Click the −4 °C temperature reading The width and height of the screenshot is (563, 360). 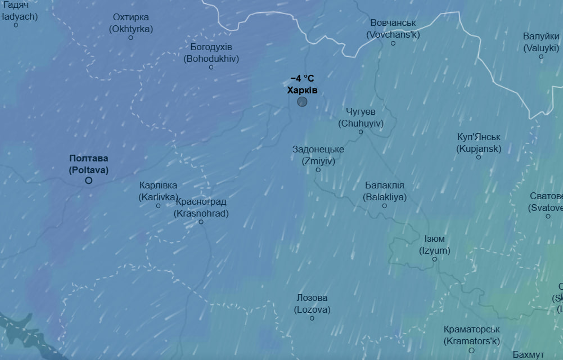[302, 79]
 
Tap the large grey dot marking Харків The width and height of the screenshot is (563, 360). [302, 102]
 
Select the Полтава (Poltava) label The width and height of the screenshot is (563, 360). [89, 164]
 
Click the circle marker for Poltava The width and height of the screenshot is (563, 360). [89, 181]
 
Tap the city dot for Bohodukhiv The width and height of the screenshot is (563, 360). [211, 67]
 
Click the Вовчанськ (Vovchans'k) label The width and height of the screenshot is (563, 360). [393, 29]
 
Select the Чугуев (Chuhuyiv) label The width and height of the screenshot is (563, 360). [361, 118]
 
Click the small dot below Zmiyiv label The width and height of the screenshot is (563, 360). [318, 170]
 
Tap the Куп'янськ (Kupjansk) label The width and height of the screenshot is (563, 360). [479, 143]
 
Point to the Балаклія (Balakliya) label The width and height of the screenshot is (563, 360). [385, 191]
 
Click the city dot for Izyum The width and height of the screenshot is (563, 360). [435, 259]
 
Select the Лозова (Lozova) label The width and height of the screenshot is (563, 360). [312, 304]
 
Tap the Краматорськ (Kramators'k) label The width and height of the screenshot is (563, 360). [471, 335]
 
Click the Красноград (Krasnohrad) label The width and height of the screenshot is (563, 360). [201, 208]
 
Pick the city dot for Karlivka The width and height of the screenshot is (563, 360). [159, 206]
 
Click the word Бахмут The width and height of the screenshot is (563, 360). [529, 355]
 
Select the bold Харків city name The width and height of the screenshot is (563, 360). [302, 90]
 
